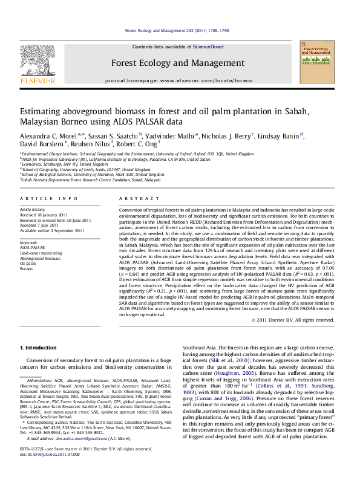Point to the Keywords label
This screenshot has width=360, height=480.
point(28,242)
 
